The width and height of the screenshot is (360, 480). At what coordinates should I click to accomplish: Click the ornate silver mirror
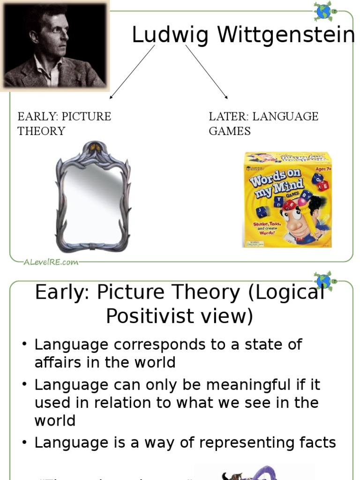pyautogui.click(x=93, y=197)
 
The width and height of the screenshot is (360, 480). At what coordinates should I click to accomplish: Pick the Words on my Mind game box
pyautogui.click(x=287, y=199)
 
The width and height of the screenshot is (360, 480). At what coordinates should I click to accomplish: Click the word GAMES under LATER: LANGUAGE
pyautogui.click(x=230, y=131)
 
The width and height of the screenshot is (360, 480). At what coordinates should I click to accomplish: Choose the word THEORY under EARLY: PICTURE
pyautogui.click(x=41, y=131)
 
